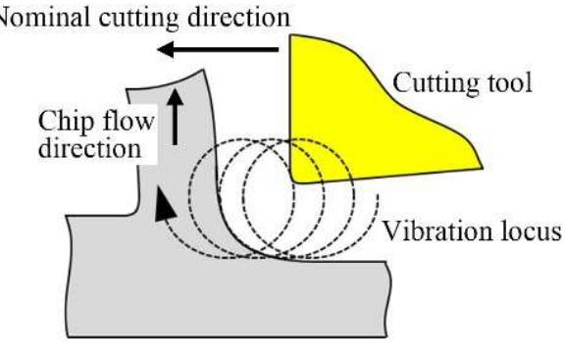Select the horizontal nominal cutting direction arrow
point(221,48)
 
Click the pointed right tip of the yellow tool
point(479,164)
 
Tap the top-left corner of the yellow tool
point(292,39)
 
